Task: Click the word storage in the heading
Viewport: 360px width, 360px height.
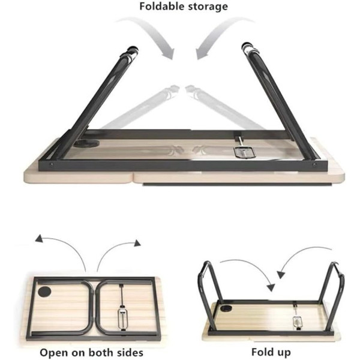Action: (x=208, y=7)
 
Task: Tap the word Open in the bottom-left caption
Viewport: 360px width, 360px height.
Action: (x=54, y=352)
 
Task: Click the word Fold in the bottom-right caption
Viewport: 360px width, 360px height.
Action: (x=262, y=352)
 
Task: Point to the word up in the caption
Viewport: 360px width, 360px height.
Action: (x=283, y=353)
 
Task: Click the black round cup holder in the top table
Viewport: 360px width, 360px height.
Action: (x=86, y=143)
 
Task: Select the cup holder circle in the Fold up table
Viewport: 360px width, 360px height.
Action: (x=226, y=308)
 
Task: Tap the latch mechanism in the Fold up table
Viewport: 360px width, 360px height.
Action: (x=297, y=322)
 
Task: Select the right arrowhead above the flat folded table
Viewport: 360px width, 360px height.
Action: (x=137, y=243)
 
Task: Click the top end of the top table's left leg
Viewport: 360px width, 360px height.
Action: (x=133, y=49)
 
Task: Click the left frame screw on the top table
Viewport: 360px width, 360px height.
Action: (x=52, y=164)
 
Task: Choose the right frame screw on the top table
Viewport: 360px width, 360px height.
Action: (x=314, y=164)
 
